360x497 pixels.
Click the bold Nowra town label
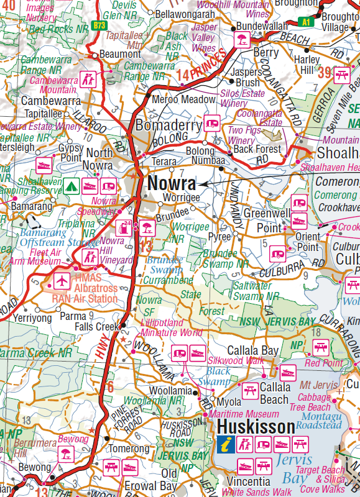(x=171, y=184)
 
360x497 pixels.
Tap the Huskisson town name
(x=256, y=427)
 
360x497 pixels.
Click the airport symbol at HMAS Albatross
(x=62, y=281)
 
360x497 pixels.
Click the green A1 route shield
(x=305, y=21)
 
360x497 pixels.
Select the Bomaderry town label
(x=169, y=125)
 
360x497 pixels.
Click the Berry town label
(x=265, y=53)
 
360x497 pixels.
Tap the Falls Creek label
(x=96, y=327)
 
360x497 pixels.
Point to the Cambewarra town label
(x=51, y=101)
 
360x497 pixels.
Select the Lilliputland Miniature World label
(x=170, y=328)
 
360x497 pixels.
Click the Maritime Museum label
(x=244, y=414)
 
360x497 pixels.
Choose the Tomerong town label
(x=130, y=449)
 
